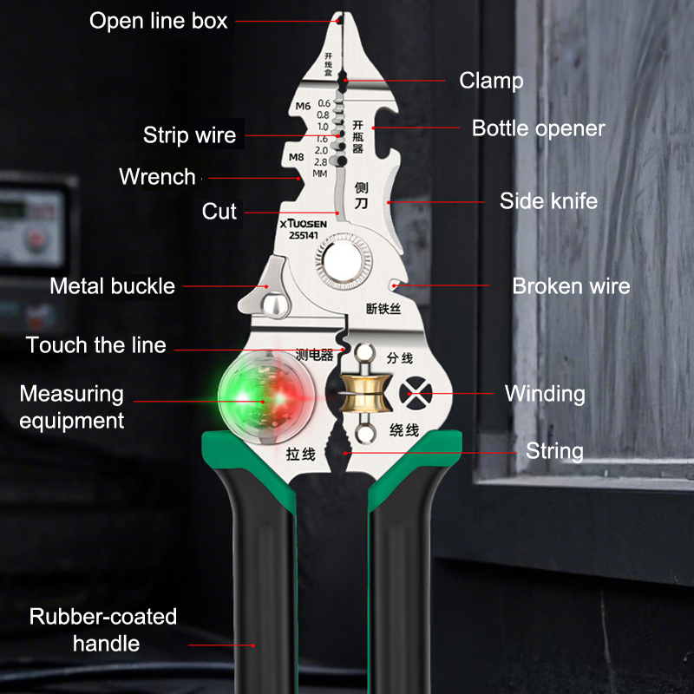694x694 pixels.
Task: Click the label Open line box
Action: point(159,21)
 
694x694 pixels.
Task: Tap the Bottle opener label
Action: point(538,128)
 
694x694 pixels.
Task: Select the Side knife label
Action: point(548,201)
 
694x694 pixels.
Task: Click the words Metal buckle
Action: point(112,286)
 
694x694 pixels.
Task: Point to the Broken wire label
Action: point(571,286)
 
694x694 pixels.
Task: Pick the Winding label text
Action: point(545,394)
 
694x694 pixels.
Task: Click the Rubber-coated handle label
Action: point(104,630)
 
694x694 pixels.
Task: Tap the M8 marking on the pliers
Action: point(295,158)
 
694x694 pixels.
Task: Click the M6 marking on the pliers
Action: point(303,107)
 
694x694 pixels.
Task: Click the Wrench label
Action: point(157,177)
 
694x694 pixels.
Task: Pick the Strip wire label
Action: point(189,135)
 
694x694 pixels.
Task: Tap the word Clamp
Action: point(491,81)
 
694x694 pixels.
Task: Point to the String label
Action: point(554,451)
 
